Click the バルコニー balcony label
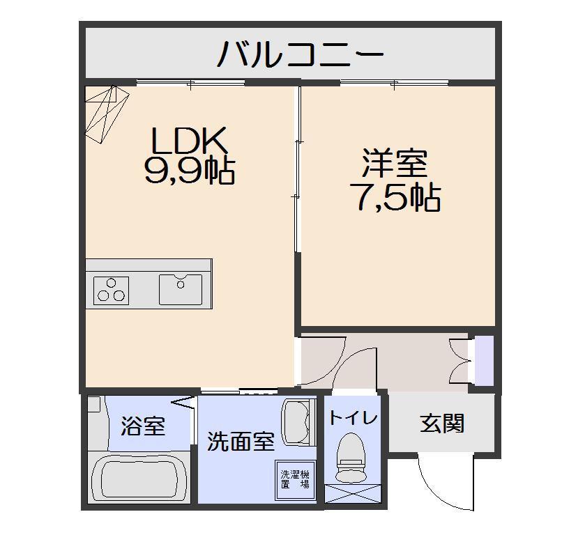pos(301,54)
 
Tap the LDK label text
pos(190,141)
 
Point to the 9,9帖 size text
pos(189,171)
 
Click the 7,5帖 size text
pos(395,199)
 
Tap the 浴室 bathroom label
pos(143,426)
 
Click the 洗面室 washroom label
pos(241,442)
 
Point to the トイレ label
pos(353,418)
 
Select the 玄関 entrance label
pos(442,423)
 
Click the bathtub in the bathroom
pos(140,478)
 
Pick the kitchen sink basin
pos(180,289)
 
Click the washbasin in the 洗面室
pos(298,422)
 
